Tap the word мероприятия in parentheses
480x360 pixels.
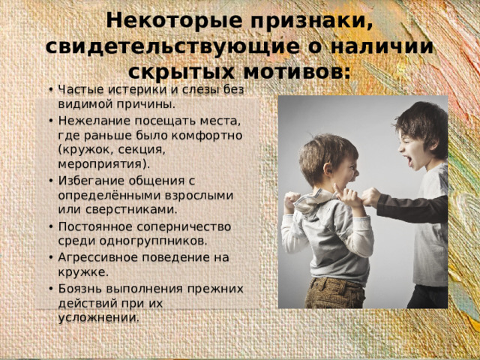click(x=100, y=163)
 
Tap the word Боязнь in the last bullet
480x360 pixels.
click(x=77, y=289)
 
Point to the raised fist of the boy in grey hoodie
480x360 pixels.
click(x=291, y=200)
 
